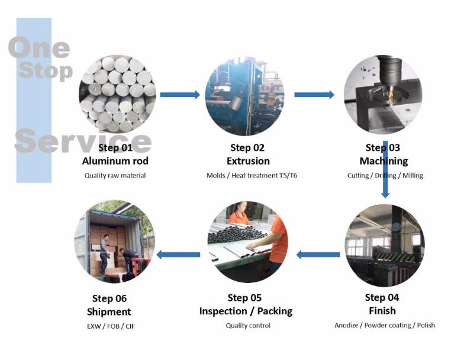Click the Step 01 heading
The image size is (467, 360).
[115, 147]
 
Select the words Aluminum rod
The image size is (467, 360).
[115, 161]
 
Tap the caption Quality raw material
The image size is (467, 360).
[115, 175]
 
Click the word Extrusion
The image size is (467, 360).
[248, 161]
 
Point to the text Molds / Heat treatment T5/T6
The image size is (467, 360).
[252, 175]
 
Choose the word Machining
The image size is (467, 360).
[384, 161]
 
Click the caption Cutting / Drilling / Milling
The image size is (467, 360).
[385, 175]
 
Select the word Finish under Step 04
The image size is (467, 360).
[382, 310]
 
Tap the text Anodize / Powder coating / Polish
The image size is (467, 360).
[385, 325]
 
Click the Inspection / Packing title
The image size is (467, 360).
[246, 311]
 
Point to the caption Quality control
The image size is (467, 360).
[248, 326]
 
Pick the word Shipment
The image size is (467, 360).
[109, 311]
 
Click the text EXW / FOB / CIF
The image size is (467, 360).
[111, 326]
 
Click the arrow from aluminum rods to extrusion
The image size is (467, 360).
[180, 95]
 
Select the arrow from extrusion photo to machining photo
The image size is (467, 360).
[314, 95]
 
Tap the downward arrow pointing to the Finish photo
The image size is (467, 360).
[385, 169]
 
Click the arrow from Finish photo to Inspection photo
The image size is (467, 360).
[318, 255]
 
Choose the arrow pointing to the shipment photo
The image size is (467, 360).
[178, 255]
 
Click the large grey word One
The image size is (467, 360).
[39, 48]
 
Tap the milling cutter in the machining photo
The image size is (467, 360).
[388, 78]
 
